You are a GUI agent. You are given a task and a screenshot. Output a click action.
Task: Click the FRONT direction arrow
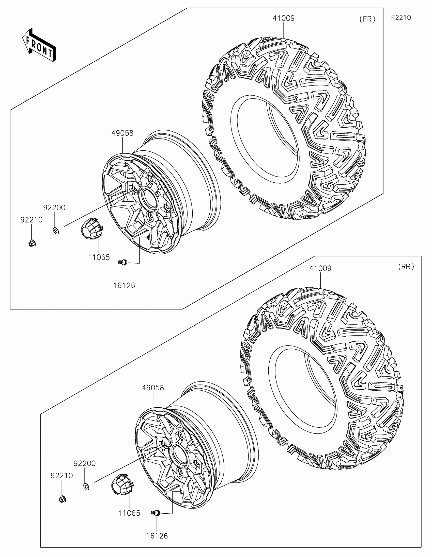39,45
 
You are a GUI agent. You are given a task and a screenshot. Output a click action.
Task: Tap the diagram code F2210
401,18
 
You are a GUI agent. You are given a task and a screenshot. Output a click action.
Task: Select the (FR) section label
367,19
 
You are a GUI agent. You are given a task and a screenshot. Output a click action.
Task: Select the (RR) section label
406,267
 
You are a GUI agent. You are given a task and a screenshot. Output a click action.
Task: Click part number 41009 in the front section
284,18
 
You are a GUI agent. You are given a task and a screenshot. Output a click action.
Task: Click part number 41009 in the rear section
320,268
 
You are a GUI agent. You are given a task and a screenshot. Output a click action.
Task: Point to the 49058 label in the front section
122,133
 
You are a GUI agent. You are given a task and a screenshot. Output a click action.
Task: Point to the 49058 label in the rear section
153,388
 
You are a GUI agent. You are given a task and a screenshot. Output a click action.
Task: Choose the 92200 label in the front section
54,207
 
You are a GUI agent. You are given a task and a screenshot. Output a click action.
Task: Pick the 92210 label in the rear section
62,476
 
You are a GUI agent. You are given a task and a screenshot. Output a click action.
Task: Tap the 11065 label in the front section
99,257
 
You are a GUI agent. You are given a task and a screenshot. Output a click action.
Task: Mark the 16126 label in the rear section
157,536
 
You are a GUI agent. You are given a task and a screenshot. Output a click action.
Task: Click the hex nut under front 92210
32,243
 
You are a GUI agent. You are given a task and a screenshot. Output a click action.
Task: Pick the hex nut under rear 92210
62,499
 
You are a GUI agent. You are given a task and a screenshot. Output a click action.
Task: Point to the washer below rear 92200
87,486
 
